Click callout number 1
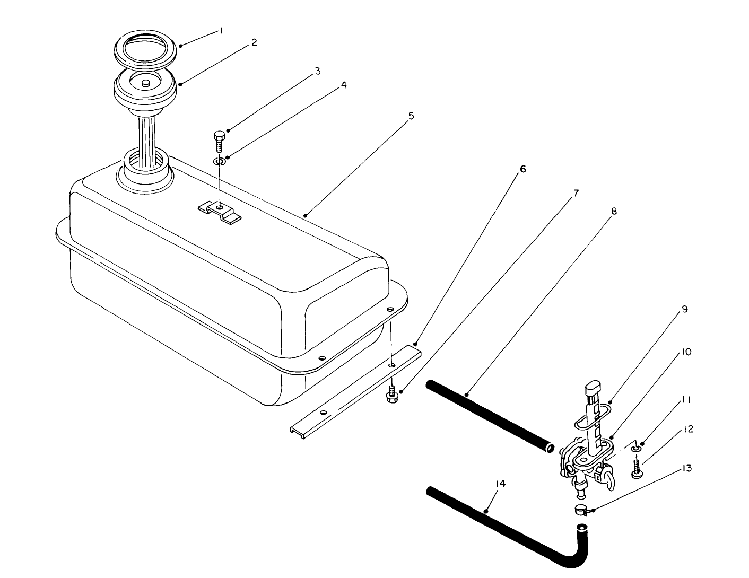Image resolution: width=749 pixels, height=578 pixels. [221, 31]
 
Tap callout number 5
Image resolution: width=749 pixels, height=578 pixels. [411, 116]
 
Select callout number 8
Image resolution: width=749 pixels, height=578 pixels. [614, 211]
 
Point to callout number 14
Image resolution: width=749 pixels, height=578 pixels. [500, 484]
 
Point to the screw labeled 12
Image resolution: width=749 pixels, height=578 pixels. [637, 468]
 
